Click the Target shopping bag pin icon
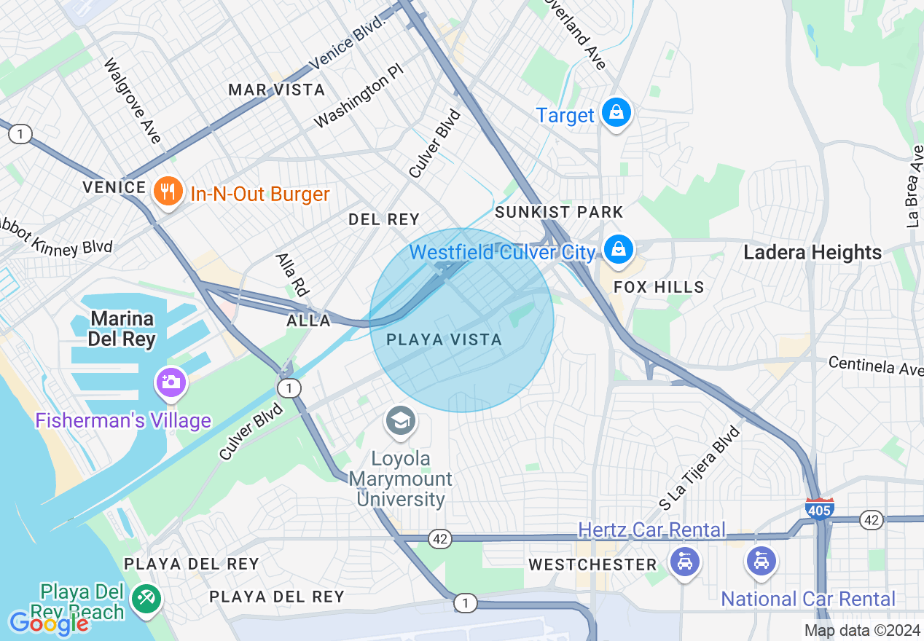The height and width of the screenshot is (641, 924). coord(616,114)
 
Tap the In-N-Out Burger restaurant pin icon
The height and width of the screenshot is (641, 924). coord(168,193)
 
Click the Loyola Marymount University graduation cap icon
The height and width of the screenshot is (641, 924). coord(400,422)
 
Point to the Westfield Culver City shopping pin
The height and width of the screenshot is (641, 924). coord(618,249)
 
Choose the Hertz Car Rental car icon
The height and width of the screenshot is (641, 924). coord(684,562)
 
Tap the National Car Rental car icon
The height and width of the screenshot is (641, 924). coord(761,562)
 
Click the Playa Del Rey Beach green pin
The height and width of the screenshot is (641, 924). coord(146,599)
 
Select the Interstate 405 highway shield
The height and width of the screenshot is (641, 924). coord(820,509)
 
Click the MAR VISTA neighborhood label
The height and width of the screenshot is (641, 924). coord(276,90)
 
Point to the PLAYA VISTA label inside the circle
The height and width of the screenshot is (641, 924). coord(444,339)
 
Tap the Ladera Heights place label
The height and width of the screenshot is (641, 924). coord(813,253)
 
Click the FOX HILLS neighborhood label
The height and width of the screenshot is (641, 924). coord(659,287)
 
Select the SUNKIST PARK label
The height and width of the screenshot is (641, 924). coord(559,212)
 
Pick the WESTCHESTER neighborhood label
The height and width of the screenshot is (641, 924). coord(592,565)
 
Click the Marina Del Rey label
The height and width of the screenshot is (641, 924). coord(122,329)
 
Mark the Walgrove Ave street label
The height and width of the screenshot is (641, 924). coord(132,101)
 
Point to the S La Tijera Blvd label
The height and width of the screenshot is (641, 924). coord(699,467)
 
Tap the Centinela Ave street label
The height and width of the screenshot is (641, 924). coord(875,366)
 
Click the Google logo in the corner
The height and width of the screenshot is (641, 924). coord(49,624)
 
